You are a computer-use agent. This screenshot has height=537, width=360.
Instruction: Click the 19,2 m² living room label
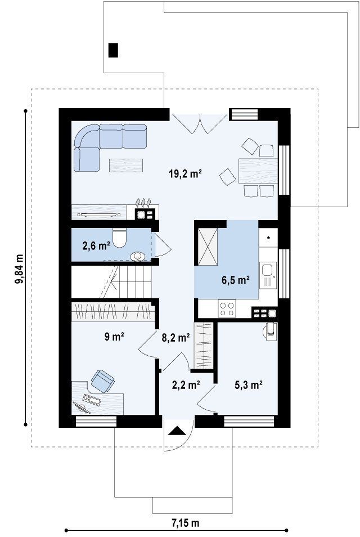click(x=185, y=174)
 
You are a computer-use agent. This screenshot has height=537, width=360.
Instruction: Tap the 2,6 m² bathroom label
click(x=96, y=245)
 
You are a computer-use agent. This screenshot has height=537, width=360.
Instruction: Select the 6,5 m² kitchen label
click(x=236, y=280)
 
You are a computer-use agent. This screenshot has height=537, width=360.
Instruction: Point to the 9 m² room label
click(x=114, y=337)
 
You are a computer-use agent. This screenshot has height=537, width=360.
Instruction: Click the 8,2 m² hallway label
click(x=176, y=338)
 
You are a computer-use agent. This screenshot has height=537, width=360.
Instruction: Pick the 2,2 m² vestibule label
click(x=186, y=385)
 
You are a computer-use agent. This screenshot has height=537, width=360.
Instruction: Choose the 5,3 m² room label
click(x=249, y=385)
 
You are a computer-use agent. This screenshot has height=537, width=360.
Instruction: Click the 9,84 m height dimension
click(x=19, y=269)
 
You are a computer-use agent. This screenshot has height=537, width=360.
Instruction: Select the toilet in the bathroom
click(x=119, y=238)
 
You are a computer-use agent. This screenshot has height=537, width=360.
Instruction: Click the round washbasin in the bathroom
click(x=138, y=256)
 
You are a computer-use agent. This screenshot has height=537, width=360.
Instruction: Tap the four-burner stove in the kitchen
click(x=227, y=308)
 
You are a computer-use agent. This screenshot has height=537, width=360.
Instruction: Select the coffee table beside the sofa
click(x=126, y=165)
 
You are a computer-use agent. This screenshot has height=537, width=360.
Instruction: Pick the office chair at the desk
click(x=103, y=381)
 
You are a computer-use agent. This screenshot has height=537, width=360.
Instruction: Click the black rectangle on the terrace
click(x=113, y=50)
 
